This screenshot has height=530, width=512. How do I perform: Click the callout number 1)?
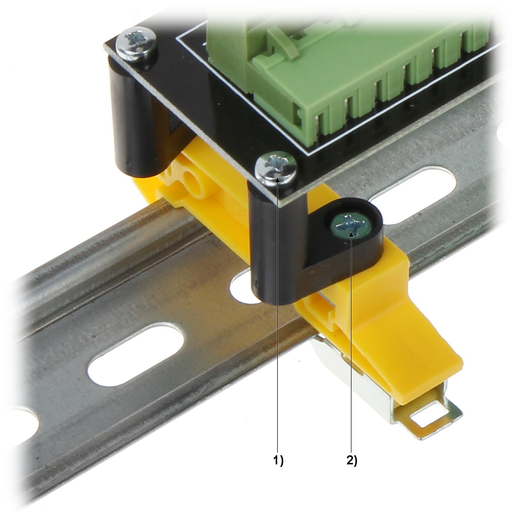pyautogui.click(x=278, y=460)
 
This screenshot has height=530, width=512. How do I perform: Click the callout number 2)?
pyautogui.click(x=352, y=460)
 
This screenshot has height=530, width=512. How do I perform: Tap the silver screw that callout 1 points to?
pyautogui.click(x=276, y=168)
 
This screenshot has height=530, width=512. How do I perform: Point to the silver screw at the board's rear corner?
pyautogui.click(x=136, y=44)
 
